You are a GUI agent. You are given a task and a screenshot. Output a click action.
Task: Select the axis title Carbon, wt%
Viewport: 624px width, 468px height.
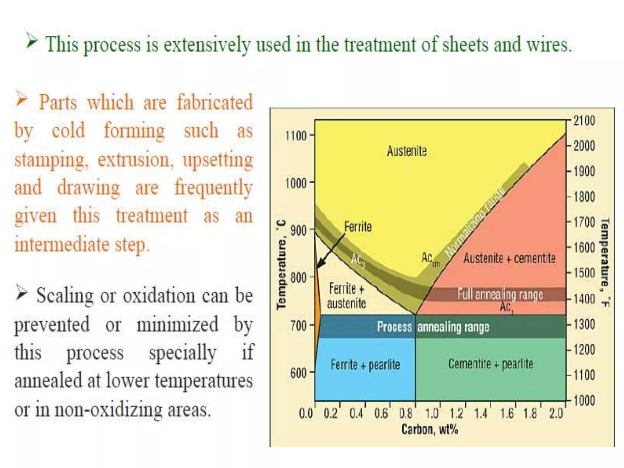click(430, 429)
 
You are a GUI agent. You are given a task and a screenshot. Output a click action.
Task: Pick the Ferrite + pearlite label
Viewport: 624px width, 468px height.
click(365, 365)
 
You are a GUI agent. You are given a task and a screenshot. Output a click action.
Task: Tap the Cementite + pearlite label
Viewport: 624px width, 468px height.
click(491, 364)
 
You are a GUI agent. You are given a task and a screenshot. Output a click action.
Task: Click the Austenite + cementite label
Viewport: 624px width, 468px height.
click(509, 258)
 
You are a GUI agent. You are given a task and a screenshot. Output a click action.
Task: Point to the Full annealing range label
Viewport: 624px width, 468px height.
click(500, 294)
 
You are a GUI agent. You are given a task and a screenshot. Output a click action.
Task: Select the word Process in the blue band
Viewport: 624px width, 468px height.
click(394, 327)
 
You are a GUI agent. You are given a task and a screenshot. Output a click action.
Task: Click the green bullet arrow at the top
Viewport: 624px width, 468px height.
click(31, 41)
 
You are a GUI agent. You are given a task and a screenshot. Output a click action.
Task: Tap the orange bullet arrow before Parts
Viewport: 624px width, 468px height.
click(22, 99)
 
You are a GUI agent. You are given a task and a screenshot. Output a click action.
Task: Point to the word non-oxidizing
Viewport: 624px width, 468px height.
click(108, 410)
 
